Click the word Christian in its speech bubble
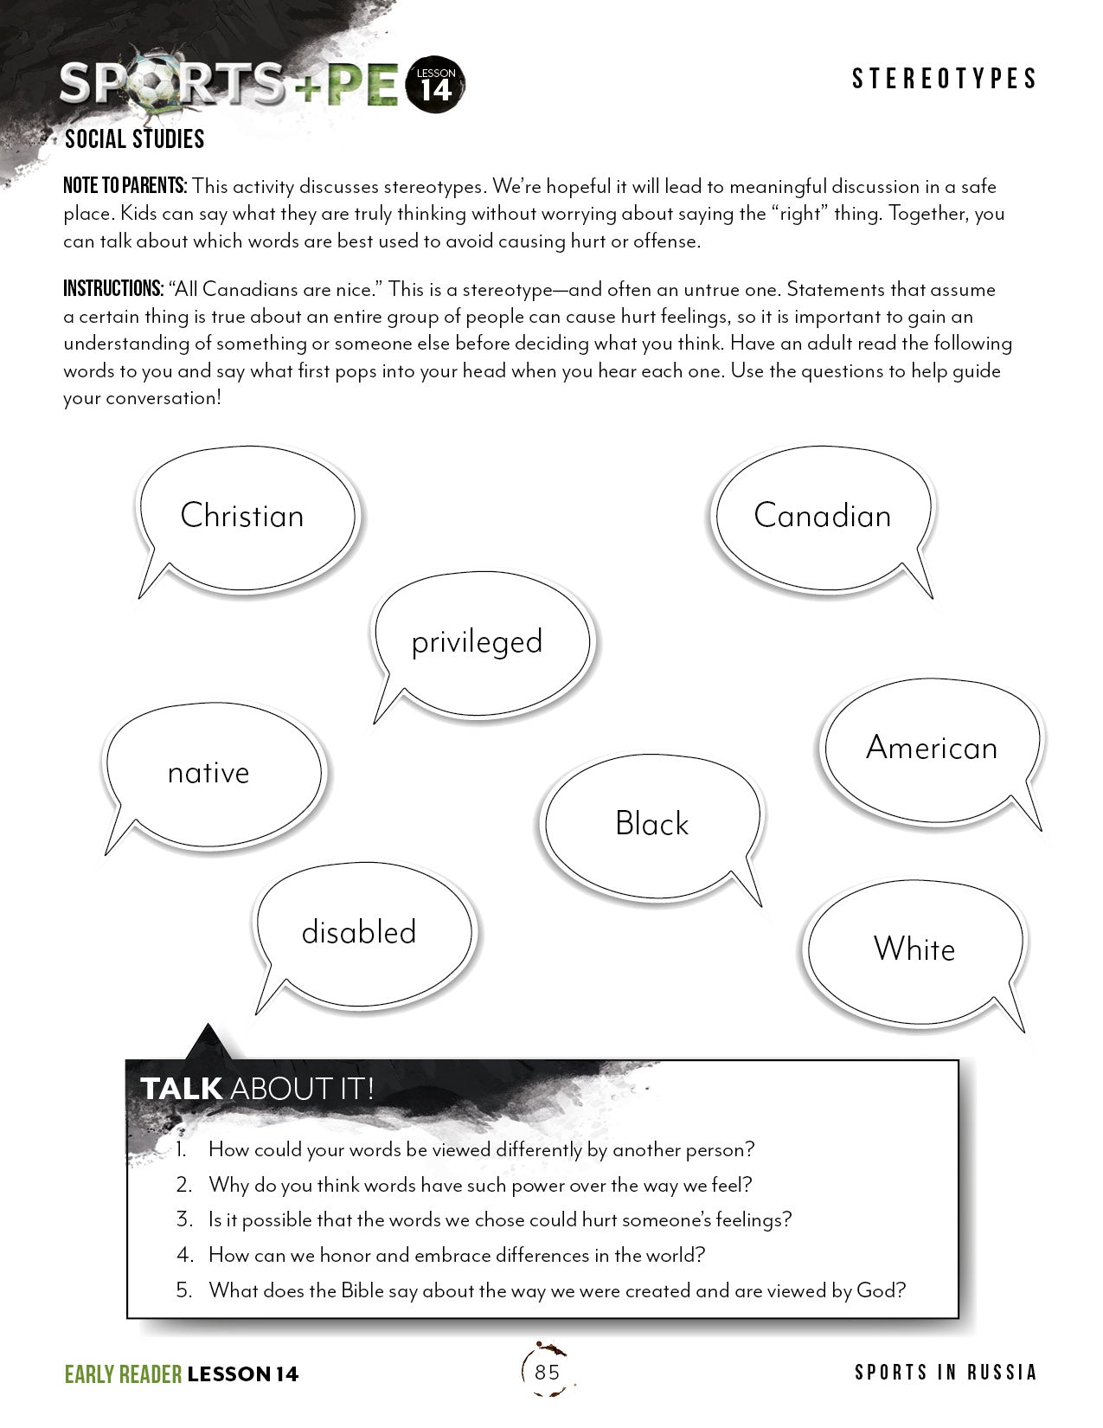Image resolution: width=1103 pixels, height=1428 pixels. (x=242, y=516)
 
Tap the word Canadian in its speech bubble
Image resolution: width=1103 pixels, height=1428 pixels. (x=822, y=516)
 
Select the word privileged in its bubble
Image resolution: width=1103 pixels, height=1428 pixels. (x=477, y=642)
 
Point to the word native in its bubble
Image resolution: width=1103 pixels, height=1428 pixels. (x=208, y=773)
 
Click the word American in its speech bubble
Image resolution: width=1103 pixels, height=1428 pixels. (x=932, y=748)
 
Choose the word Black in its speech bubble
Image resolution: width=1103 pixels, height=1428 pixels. (x=651, y=824)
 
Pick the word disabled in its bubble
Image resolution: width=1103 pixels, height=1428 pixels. (x=359, y=932)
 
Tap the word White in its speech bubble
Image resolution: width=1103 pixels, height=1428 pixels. (x=914, y=949)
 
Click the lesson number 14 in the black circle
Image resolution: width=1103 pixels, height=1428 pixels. (x=436, y=90)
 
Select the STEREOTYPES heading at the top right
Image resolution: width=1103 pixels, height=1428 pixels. (x=944, y=80)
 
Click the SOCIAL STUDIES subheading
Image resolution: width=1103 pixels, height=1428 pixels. (x=134, y=139)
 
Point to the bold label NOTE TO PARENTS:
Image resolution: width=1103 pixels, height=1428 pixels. (x=125, y=186)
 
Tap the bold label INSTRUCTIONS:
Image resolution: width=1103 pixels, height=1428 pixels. (x=113, y=289)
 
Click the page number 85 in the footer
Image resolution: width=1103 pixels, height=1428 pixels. (x=548, y=1372)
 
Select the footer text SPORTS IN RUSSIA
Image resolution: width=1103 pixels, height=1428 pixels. (x=946, y=1373)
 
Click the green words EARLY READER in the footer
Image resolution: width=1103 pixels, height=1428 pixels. (x=123, y=1373)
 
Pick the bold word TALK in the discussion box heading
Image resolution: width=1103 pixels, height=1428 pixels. (x=181, y=1089)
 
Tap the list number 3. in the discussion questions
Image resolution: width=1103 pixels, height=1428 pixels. (x=184, y=1220)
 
